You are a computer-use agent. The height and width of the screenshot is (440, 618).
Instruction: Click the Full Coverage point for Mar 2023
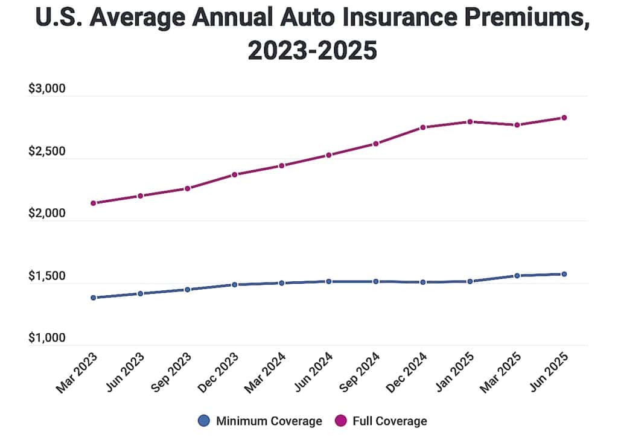coord(93,203)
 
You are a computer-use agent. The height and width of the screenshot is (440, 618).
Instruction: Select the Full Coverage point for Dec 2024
coord(423,127)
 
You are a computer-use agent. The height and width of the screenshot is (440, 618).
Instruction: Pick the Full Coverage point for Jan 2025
coord(470,122)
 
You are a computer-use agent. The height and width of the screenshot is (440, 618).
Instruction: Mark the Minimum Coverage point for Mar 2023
coord(93,298)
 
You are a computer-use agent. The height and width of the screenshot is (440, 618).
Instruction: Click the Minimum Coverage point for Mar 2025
coord(517,276)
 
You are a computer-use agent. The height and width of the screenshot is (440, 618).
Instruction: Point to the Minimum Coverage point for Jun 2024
coord(329,281)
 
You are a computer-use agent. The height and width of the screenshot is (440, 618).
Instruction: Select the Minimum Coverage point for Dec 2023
coord(234,284)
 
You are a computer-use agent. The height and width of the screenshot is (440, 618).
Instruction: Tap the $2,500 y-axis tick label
coord(46,151)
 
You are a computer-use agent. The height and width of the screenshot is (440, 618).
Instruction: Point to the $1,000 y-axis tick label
coord(46,338)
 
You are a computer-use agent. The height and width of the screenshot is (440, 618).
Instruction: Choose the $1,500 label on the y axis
coord(46,276)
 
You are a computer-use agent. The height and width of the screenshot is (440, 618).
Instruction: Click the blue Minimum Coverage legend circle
coord(204,421)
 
